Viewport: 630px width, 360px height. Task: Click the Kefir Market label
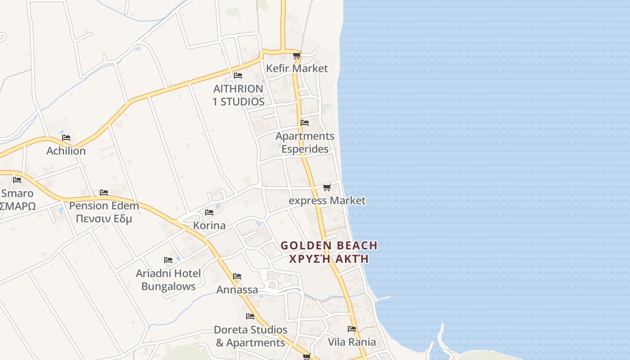tap(297, 68)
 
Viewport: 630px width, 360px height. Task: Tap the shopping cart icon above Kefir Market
tap(297, 56)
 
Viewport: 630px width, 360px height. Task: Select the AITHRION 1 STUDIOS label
tap(238, 95)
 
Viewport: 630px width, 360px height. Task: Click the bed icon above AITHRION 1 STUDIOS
tap(238, 76)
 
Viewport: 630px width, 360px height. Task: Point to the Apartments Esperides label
tap(305, 142)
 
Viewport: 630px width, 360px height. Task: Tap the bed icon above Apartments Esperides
tap(305, 123)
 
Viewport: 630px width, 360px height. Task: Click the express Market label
tap(327, 200)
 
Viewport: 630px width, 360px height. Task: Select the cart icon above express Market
tap(327, 187)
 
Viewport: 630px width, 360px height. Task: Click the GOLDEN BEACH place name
tap(329, 246)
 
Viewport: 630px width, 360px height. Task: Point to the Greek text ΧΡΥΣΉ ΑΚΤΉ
tap(329, 259)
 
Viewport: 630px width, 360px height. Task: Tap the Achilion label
tap(66, 151)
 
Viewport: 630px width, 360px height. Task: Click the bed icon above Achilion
tap(66, 138)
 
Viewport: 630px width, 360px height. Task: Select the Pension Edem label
tap(104, 206)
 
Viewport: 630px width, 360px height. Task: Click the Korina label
tap(209, 225)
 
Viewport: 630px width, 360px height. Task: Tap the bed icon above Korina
tap(209, 212)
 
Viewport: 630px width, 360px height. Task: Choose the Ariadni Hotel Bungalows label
tap(168, 280)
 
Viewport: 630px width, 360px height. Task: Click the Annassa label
tap(237, 290)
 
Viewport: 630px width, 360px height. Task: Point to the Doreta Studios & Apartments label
tap(250, 336)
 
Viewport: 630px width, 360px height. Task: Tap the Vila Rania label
tap(351, 342)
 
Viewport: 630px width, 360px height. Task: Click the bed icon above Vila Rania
tap(352, 329)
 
